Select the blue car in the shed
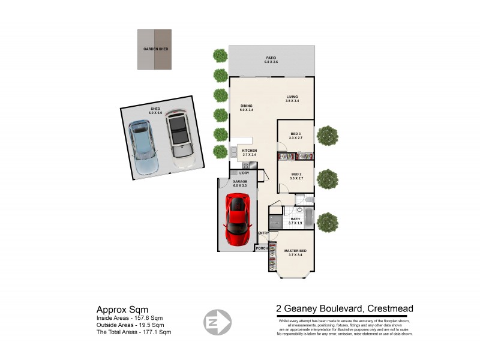click(x=143, y=147)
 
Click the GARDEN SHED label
click(x=154, y=49)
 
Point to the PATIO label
click(x=271, y=58)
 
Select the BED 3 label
click(x=295, y=134)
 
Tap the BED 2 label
click(x=295, y=175)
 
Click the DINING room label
click(x=247, y=106)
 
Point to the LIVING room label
click(x=292, y=97)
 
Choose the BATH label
click(x=295, y=219)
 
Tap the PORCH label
click(x=262, y=248)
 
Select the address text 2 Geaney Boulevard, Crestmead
click(x=344, y=309)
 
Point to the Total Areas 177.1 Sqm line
click(x=134, y=332)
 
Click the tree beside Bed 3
click(x=328, y=136)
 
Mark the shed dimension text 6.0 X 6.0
click(x=155, y=113)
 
